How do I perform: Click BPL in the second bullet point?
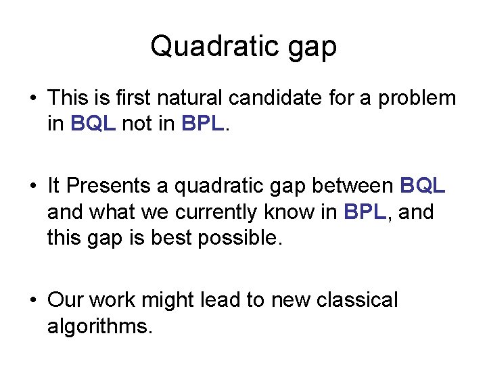click(x=365, y=212)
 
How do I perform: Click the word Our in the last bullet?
click(x=66, y=300)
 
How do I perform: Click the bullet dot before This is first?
click(x=33, y=98)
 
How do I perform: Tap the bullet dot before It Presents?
click(x=33, y=186)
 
